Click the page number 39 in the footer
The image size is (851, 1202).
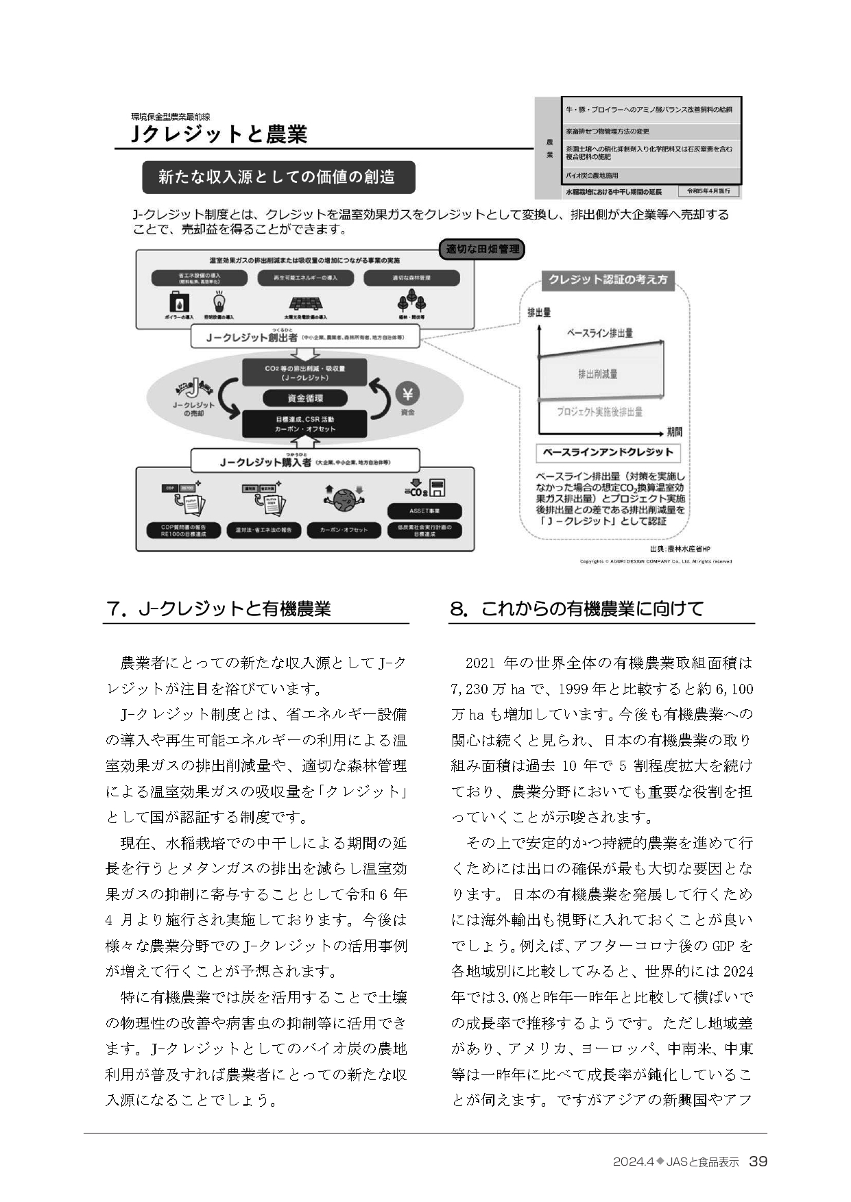click(758, 1161)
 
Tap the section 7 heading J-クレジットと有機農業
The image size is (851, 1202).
click(219, 609)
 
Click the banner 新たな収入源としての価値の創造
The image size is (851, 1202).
click(278, 177)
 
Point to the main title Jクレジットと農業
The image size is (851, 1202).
click(219, 134)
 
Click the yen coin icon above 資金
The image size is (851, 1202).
click(408, 394)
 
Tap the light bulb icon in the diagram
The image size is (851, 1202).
click(219, 302)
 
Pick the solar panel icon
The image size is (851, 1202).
click(306, 304)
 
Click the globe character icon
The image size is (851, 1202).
click(344, 498)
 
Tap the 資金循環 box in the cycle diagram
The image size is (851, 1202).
click(305, 398)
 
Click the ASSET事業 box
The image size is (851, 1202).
click(424, 511)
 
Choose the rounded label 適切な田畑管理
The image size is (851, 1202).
click(482, 249)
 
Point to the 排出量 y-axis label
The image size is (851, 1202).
click(539, 313)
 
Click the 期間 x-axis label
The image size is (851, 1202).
click(674, 432)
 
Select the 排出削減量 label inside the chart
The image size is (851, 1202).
click(597, 374)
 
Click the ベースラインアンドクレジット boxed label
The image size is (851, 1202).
click(608, 452)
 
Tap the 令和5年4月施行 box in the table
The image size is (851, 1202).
click(708, 191)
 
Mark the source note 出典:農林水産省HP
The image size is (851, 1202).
click(680, 549)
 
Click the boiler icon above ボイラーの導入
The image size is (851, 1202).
click(179, 302)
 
